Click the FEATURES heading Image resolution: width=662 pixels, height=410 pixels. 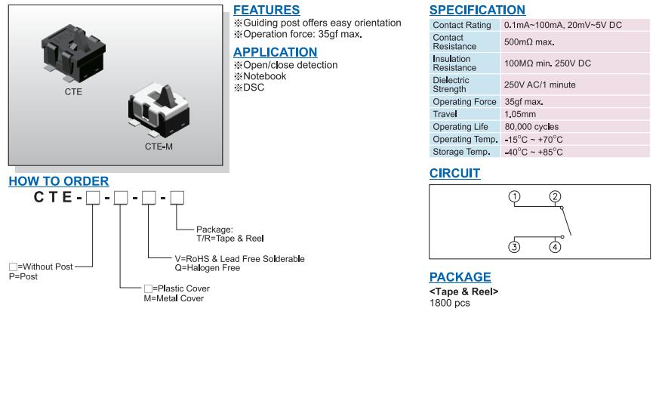pos(266,10)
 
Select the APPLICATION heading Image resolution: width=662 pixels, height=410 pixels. pos(276,52)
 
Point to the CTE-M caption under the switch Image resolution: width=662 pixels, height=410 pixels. pos(159,146)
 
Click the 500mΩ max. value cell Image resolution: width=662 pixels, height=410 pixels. pos(529,42)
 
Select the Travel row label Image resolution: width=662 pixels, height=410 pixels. pos(445,114)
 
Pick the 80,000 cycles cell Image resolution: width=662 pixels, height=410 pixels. pos(531,127)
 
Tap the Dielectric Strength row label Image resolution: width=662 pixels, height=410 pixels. pos(451,85)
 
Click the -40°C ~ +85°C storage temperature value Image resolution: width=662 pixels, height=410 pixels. pos(534,152)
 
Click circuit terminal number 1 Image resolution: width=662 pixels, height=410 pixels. pos(514,197)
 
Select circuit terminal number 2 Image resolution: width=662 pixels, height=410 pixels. pos(555,197)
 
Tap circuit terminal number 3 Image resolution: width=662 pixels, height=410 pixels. pos(514,247)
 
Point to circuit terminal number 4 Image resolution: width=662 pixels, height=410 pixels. pos(555,247)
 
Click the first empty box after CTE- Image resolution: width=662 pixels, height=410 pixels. pos(93,198)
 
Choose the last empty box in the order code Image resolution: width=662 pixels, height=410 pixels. pos(177,198)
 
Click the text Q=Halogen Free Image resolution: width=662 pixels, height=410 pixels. pos(208,268)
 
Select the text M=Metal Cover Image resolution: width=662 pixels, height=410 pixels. pos(174,298)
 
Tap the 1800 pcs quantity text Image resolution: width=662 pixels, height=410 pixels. pos(450,303)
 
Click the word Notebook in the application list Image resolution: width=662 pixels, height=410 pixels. pos(265,76)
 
